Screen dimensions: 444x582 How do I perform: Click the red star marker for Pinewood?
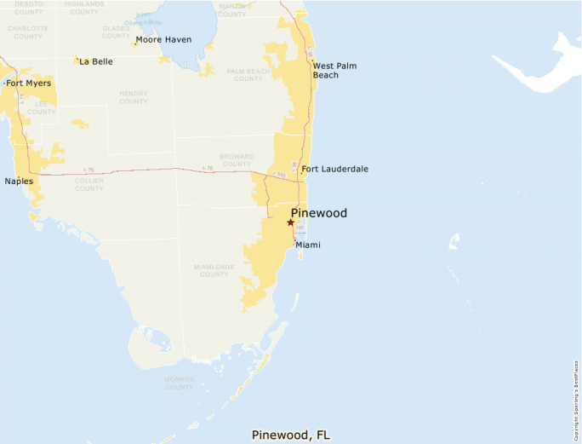290,222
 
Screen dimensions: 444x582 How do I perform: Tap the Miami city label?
308,245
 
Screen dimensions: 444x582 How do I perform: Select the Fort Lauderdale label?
334,170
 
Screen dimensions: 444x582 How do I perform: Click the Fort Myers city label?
28,84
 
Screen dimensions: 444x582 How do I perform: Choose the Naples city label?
19,181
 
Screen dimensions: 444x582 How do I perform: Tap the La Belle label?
95,61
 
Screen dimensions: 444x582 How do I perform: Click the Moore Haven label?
163,40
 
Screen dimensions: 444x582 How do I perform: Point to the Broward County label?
237,161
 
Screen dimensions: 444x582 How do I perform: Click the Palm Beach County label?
248,75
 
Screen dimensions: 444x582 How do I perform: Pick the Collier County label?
88,184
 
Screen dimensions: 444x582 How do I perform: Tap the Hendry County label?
134,97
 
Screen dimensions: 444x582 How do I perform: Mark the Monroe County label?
180,383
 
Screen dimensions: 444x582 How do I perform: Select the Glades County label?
117,32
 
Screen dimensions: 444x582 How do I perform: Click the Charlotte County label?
28,32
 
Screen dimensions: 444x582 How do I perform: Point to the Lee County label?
41,107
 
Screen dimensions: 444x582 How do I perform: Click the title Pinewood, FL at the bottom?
290,435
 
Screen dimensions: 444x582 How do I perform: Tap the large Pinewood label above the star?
319,213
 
